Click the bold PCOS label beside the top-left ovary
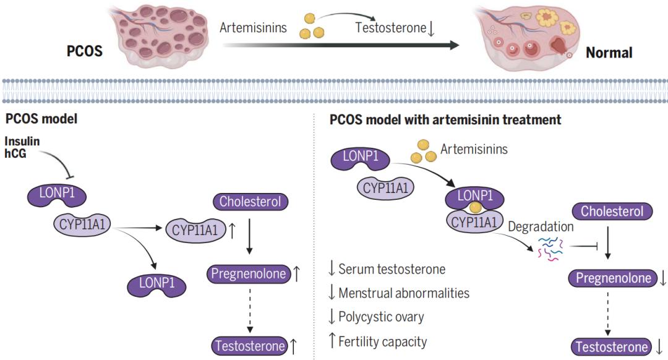coord(85,51)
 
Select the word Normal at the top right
coord(609,52)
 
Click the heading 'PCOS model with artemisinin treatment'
coord(446,119)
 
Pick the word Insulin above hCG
coord(22,142)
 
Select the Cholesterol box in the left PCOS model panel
coord(250,202)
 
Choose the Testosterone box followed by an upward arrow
coord(249,345)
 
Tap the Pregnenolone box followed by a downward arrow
coord(613,278)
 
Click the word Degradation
coord(541,226)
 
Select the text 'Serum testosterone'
coord(392,268)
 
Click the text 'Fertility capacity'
coord(382,341)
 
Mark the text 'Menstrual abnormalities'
coord(404,293)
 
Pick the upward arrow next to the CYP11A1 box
coord(232,231)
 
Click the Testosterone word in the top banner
coord(390,27)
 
